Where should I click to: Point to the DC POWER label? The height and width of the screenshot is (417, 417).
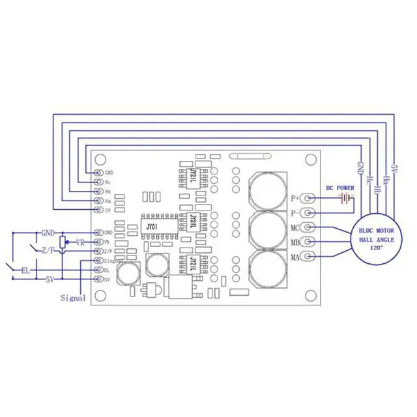(x=340, y=188)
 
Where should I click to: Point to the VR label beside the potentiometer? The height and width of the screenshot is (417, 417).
(x=80, y=242)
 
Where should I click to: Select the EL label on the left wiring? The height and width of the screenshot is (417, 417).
(x=25, y=269)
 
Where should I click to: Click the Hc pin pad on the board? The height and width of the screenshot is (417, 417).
(x=98, y=182)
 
